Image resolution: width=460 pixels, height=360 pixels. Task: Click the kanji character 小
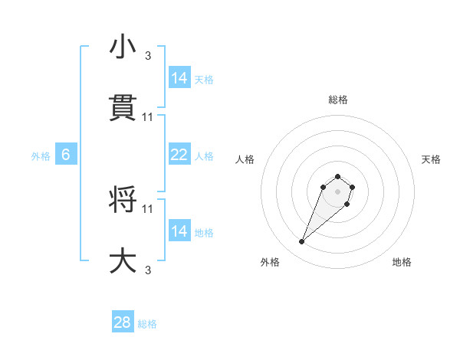[123, 47]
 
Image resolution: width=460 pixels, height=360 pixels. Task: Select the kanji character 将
[123, 199]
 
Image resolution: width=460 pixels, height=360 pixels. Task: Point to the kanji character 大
[123, 260]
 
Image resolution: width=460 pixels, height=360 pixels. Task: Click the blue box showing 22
[179, 155]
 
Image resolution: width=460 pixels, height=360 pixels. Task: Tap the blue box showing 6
[66, 155]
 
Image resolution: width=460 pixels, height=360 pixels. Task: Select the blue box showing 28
[123, 322]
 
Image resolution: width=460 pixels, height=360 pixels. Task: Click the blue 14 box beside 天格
[179, 78]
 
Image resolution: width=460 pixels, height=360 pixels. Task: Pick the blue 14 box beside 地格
[179, 231]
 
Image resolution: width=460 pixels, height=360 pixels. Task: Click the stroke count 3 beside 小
[148, 55]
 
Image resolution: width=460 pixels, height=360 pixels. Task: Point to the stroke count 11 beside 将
[148, 208]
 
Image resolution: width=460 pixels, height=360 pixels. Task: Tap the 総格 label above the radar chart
[338, 100]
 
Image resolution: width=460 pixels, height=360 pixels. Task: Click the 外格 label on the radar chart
[270, 263]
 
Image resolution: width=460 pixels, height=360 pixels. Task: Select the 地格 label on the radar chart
[402, 263]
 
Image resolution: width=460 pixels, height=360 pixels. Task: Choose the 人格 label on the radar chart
[245, 159]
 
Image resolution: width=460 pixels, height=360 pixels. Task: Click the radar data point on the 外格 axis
[302, 242]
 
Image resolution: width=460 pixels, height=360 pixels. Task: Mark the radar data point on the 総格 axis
[338, 173]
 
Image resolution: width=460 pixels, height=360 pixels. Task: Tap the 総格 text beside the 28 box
[147, 324]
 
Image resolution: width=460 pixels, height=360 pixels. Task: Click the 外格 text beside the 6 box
[41, 156]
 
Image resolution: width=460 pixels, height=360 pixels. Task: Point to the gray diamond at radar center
[337, 191]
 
